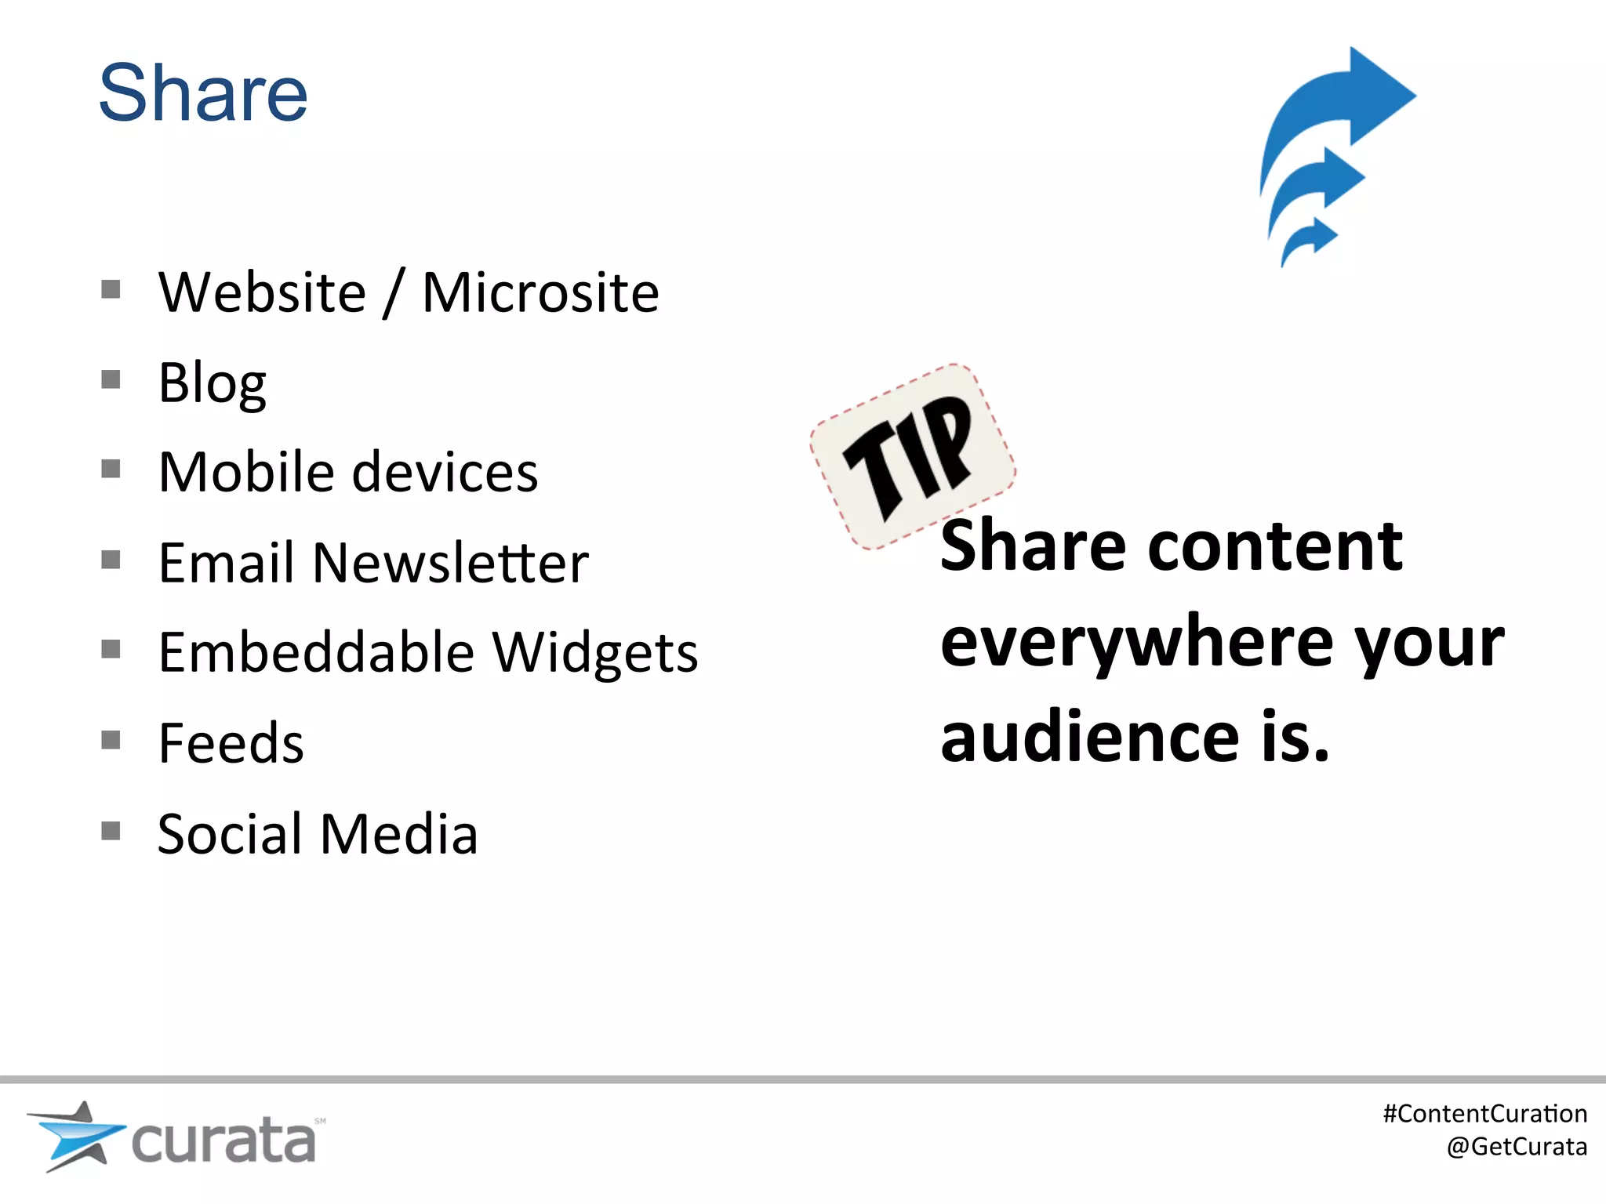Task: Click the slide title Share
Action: (203, 93)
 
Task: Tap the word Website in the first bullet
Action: (262, 292)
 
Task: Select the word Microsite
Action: (540, 292)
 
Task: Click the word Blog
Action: (212, 383)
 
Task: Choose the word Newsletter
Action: (450, 563)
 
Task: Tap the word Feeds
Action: (231, 743)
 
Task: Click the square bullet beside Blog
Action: (111, 380)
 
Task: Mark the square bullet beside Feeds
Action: (111, 740)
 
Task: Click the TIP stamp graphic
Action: (912, 456)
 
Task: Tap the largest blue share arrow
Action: (1341, 106)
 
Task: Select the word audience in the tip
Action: (1089, 737)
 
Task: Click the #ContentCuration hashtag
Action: (1484, 1114)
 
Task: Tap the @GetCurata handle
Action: (1517, 1147)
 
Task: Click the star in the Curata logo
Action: (76, 1134)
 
